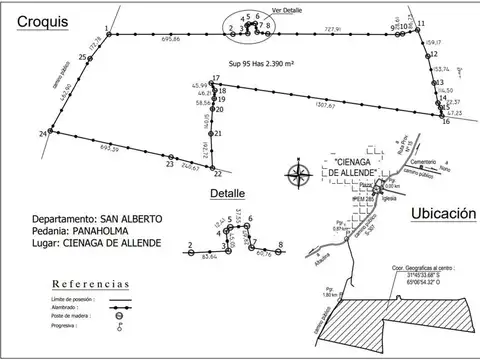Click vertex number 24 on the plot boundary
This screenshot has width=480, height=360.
pos(42,132)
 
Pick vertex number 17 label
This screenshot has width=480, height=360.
pos(215,78)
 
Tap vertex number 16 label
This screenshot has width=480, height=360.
pos(446,121)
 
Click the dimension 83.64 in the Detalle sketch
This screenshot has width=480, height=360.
pos(209,256)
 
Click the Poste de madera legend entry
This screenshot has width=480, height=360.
pos(68,318)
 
